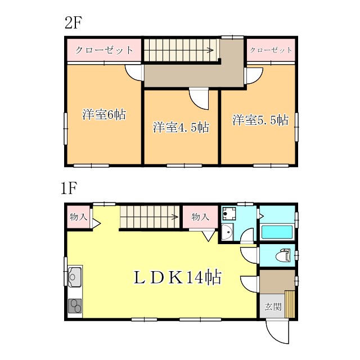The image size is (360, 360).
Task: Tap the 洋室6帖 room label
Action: tap(104, 115)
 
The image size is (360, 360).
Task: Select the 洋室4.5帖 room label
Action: tap(181, 127)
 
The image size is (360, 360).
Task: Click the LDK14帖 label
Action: tap(176, 277)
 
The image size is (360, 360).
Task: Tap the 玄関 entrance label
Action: tap(273, 307)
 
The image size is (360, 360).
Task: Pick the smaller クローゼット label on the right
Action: tap(271, 50)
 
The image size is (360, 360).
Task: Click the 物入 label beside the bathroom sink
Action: tap(200, 217)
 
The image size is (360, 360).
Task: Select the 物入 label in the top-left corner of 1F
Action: tap(78, 217)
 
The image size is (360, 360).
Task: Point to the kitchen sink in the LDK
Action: tap(75, 276)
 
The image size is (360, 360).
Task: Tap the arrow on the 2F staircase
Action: tap(209, 51)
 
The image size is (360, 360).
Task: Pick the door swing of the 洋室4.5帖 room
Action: tap(200, 100)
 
